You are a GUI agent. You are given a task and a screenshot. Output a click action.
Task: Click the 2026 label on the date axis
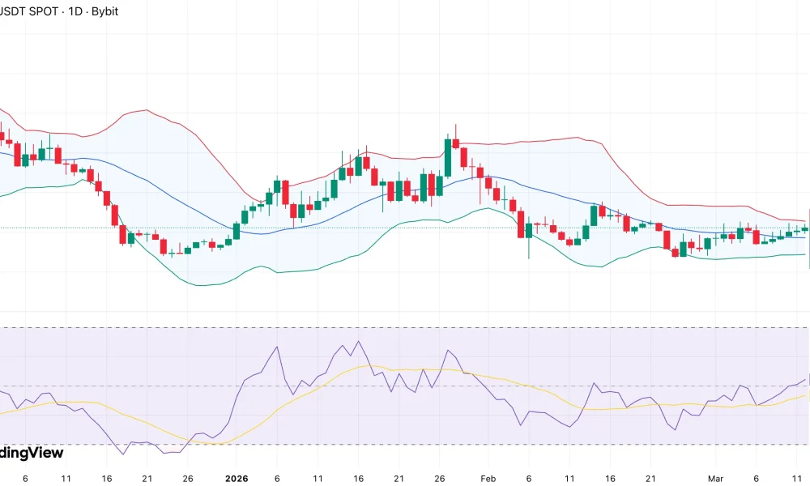click(236, 479)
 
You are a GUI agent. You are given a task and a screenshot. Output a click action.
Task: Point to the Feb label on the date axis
click(488, 479)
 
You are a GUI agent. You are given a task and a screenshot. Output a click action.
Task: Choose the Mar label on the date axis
click(715, 479)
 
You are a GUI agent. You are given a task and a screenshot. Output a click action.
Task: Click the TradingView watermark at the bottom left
click(31, 453)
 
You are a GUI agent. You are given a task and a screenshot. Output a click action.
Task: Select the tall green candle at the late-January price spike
click(447, 158)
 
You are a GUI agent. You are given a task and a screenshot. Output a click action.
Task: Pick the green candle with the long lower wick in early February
click(529, 231)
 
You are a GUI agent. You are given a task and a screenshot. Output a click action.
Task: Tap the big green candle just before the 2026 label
click(237, 231)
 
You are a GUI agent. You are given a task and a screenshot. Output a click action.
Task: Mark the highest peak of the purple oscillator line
click(358, 341)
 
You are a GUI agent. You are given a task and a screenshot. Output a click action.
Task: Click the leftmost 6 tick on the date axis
click(25, 479)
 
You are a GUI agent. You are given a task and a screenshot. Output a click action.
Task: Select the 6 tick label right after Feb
click(528, 479)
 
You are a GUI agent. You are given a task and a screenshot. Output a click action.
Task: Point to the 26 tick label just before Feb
click(439, 479)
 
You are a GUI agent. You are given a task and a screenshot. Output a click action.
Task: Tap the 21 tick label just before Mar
click(650, 479)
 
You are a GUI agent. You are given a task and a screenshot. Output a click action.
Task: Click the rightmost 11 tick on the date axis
click(797, 479)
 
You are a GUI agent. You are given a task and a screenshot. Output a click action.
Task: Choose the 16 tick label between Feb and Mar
click(610, 479)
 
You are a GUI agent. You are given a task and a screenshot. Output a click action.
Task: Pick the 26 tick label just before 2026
click(187, 479)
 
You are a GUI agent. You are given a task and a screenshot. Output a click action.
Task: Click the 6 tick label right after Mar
click(757, 479)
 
